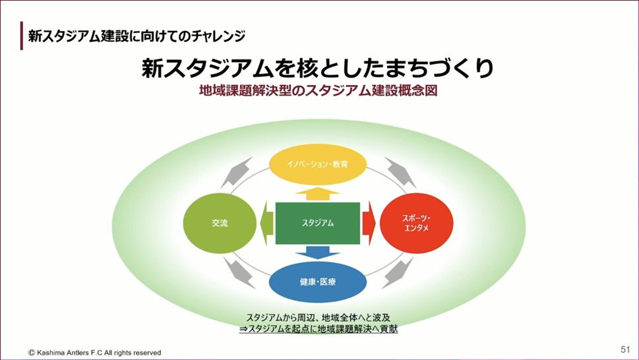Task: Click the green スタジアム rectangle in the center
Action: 317,223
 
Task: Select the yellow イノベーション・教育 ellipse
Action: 318,167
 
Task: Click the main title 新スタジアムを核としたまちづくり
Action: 318,69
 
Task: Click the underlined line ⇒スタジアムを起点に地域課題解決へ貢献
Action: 318,328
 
